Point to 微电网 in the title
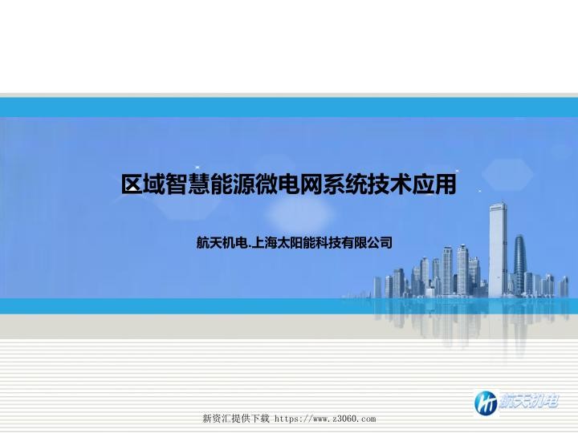tap(294, 185)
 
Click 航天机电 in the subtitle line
tap(222, 241)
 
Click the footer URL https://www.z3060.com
tap(325, 419)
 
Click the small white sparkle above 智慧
tap(197, 168)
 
